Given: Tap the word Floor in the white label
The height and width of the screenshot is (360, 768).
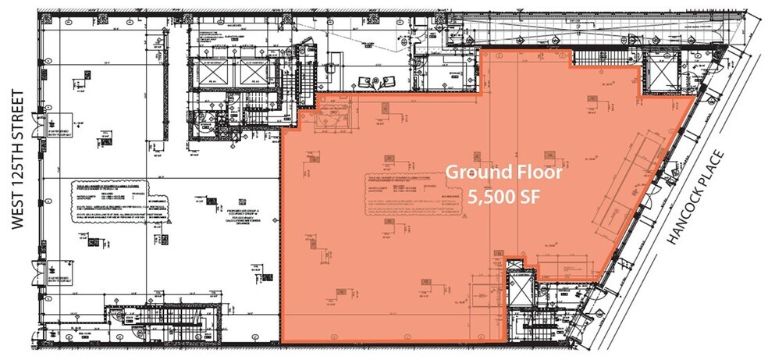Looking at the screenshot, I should (537, 173).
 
